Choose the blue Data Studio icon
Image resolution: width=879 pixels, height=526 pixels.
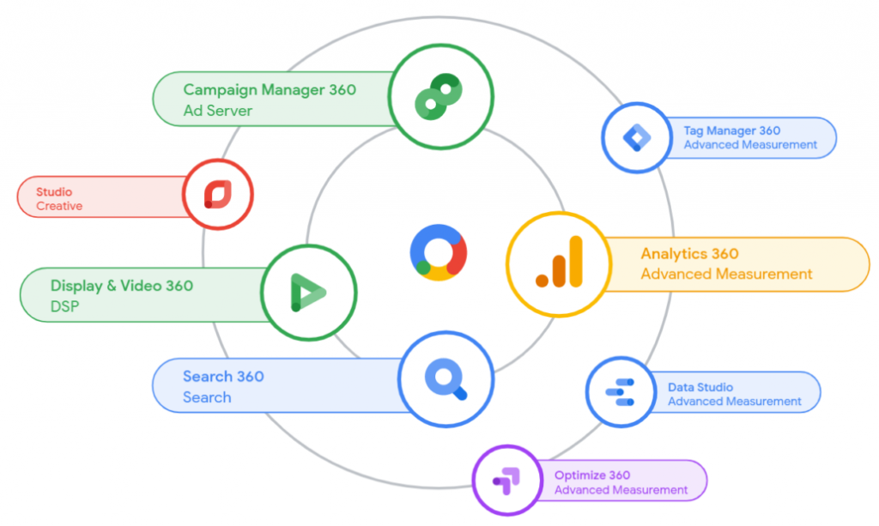621,392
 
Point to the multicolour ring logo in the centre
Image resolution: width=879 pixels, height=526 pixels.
438,253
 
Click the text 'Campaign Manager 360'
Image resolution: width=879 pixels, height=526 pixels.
270,90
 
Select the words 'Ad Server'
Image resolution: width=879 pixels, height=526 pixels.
218,111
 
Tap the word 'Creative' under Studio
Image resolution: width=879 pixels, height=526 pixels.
59,206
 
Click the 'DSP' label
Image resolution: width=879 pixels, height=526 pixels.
64,305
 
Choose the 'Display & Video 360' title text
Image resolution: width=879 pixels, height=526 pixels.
121,286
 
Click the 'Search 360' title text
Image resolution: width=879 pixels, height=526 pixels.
223,377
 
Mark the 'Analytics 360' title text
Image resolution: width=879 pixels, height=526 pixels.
689,254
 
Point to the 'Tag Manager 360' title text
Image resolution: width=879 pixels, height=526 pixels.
731,131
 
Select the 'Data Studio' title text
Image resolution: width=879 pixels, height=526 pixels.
700,387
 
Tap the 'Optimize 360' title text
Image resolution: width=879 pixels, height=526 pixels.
592,475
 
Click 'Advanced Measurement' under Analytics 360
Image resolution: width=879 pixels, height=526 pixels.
726,275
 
